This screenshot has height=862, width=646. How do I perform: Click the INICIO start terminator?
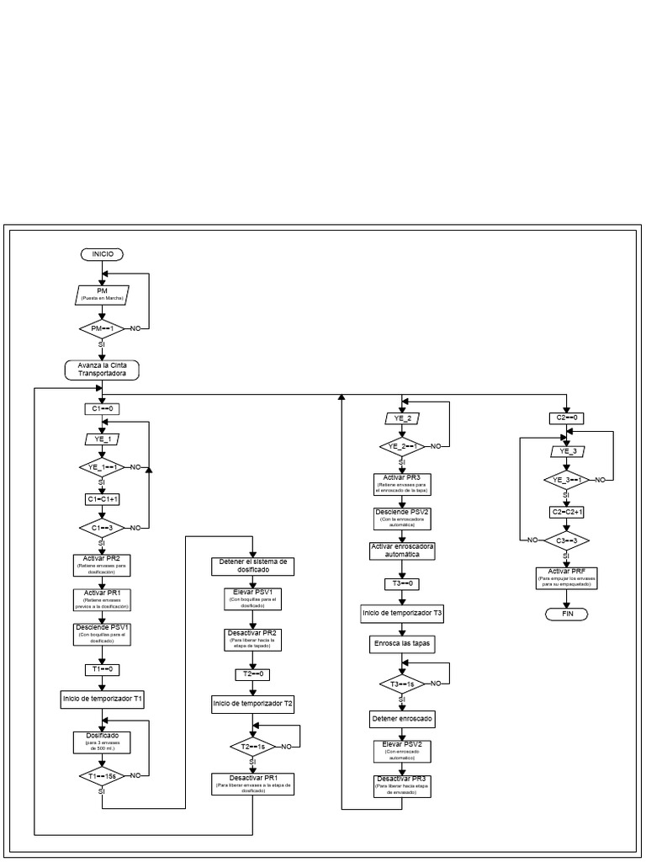[102, 253]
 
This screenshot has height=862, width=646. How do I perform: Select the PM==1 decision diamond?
[102, 327]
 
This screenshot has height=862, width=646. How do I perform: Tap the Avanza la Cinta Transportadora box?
[102, 370]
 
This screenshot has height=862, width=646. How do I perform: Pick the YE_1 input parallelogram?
[102, 439]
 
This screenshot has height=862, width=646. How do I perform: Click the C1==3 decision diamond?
[102, 528]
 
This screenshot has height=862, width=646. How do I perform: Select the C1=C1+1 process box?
[102, 498]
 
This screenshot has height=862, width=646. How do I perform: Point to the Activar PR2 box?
[102, 562]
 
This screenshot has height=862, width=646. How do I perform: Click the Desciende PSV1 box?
[102, 632]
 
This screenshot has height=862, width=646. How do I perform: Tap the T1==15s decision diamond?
[102, 774]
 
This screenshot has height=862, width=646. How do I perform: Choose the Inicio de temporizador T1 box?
[102, 699]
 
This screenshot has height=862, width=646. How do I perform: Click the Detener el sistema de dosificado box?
[252, 566]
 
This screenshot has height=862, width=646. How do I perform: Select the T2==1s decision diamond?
[252, 746]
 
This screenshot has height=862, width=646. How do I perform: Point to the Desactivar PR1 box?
[252, 783]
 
